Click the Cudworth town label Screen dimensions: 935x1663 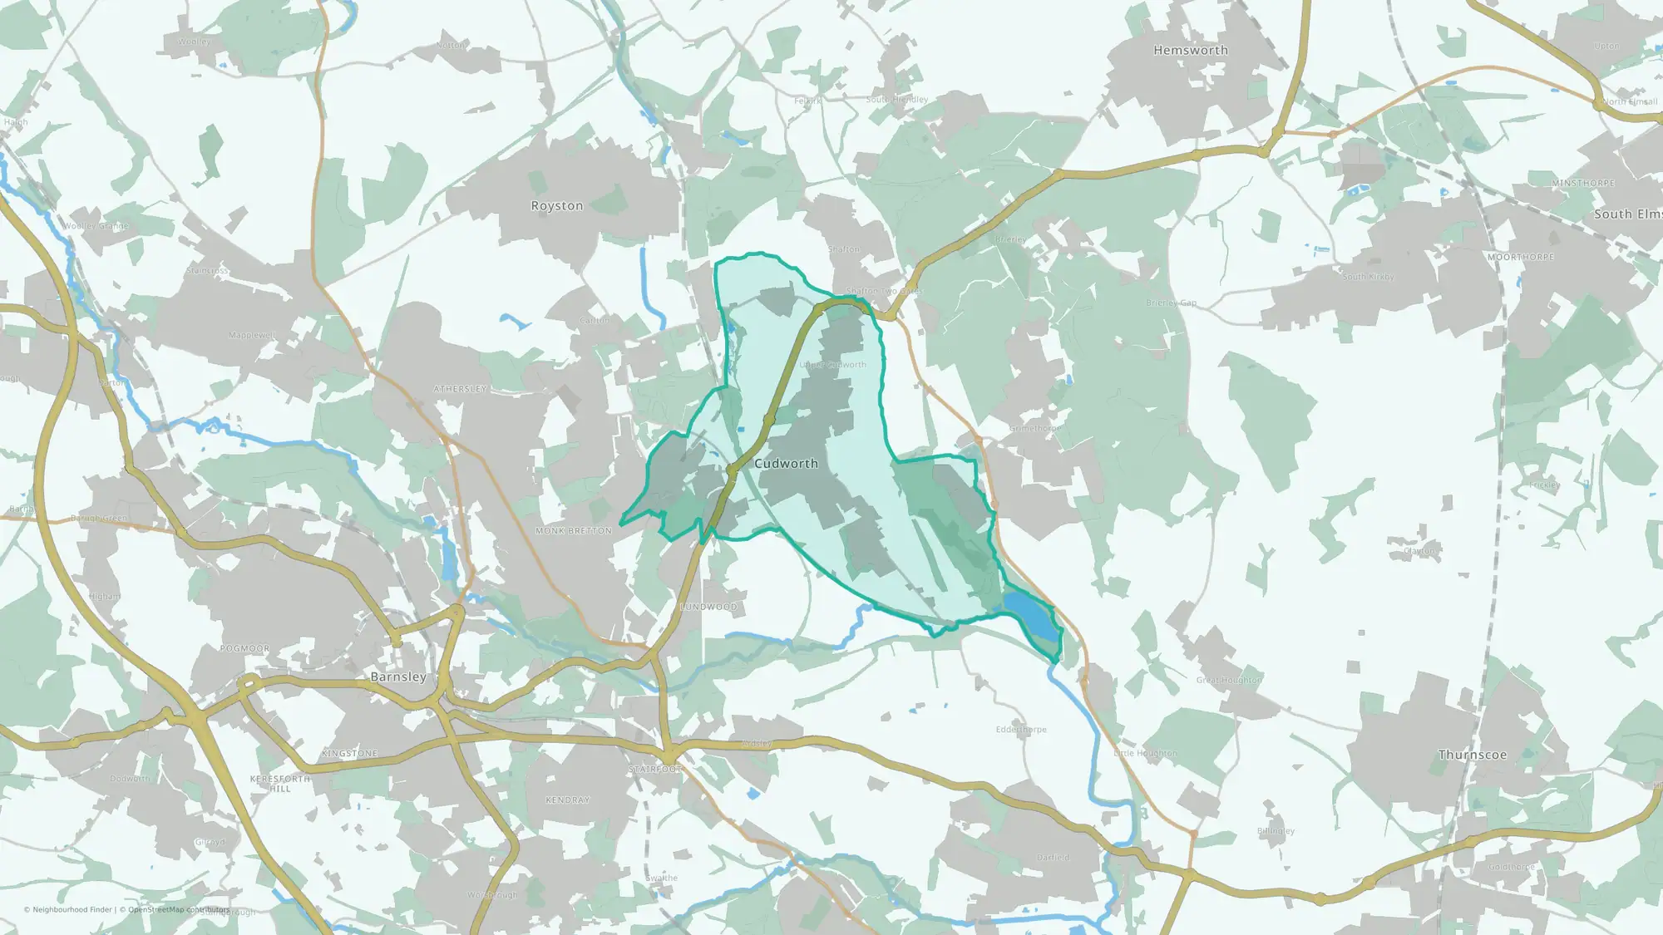click(x=786, y=464)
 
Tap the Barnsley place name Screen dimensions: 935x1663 click(x=398, y=677)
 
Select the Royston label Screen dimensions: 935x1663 click(x=557, y=206)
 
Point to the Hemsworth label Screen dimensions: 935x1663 click(x=1190, y=51)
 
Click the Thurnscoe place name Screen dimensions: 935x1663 click(x=1473, y=755)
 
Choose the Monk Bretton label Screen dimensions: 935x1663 click(x=574, y=531)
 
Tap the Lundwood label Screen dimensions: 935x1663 click(x=708, y=608)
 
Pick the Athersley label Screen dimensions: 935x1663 click(x=460, y=389)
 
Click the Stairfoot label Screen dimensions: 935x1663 click(x=655, y=770)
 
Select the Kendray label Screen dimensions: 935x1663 click(x=567, y=800)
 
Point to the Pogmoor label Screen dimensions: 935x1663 click(x=245, y=649)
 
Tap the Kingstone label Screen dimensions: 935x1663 click(x=349, y=754)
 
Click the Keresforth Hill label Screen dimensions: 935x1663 click(x=280, y=784)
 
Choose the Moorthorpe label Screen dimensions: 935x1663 click(x=1521, y=258)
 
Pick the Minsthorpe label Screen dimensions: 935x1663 click(x=1583, y=184)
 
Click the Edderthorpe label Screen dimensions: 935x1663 click(x=1021, y=730)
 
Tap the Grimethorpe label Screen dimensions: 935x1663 click(x=1034, y=429)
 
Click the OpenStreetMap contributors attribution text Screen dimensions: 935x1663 click(x=178, y=910)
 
